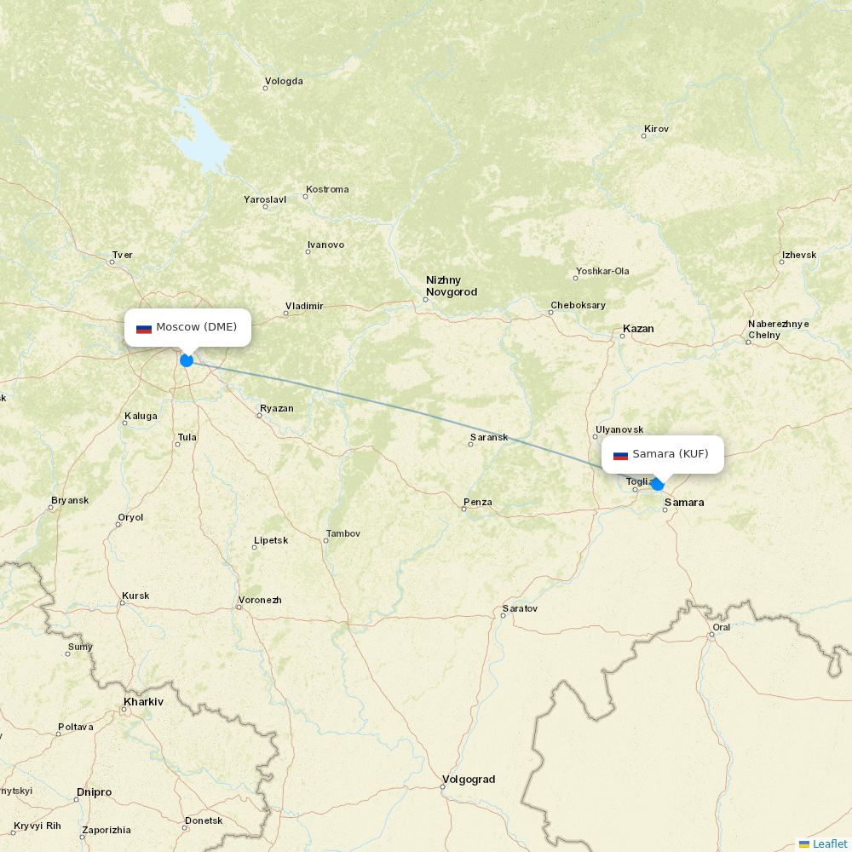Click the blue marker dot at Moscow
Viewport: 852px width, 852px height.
point(187,360)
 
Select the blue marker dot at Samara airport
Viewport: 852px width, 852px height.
point(657,484)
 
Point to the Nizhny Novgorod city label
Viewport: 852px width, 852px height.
point(451,286)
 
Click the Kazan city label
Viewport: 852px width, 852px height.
point(638,329)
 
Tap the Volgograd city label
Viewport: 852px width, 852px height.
point(468,780)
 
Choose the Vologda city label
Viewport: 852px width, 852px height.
point(284,82)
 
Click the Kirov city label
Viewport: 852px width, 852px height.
point(656,130)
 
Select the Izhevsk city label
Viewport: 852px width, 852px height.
point(798,256)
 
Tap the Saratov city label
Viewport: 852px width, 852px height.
point(520,609)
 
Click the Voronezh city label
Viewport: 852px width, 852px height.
point(260,601)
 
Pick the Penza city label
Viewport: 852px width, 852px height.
point(477,503)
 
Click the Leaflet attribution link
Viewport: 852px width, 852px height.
point(829,843)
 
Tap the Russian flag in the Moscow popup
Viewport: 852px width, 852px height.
point(144,328)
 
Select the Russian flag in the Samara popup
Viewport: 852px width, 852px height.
point(620,455)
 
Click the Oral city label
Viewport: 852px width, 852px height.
point(721,628)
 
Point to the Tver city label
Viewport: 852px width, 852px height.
point(122,255)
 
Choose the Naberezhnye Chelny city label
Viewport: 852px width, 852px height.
point(778,330)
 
